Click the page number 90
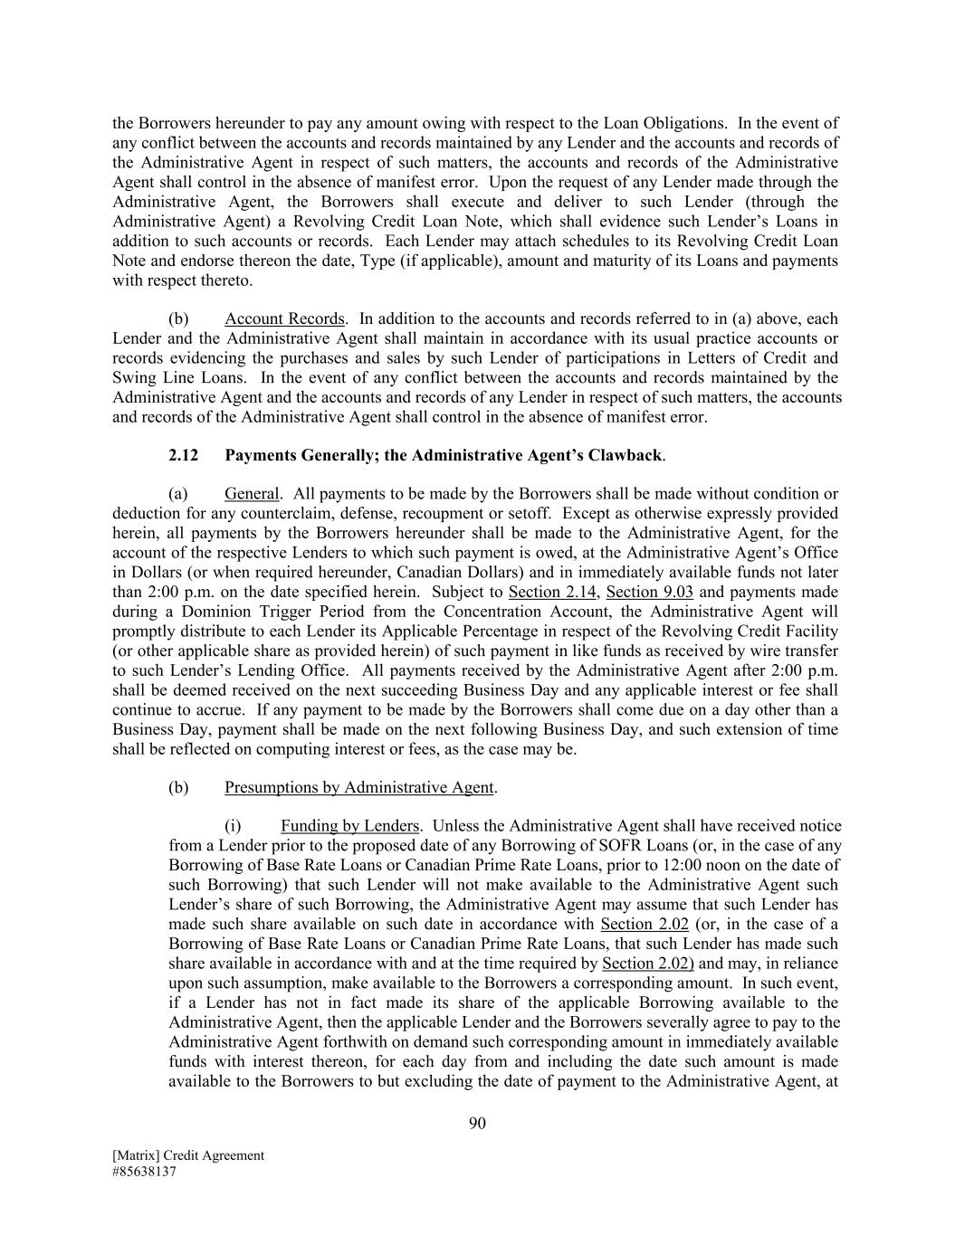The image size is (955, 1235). click(x=478, y=1124)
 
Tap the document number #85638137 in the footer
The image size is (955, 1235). click(x=144, y=1171)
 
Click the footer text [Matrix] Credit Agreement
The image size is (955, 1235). click(x=188, y=1155)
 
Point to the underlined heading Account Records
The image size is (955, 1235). click(x=284, y=318)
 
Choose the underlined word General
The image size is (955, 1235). click(x=252, y=494)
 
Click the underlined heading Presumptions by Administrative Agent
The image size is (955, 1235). click(x=359, y=787)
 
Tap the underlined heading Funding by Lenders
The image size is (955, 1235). click(x=349, y=826)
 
